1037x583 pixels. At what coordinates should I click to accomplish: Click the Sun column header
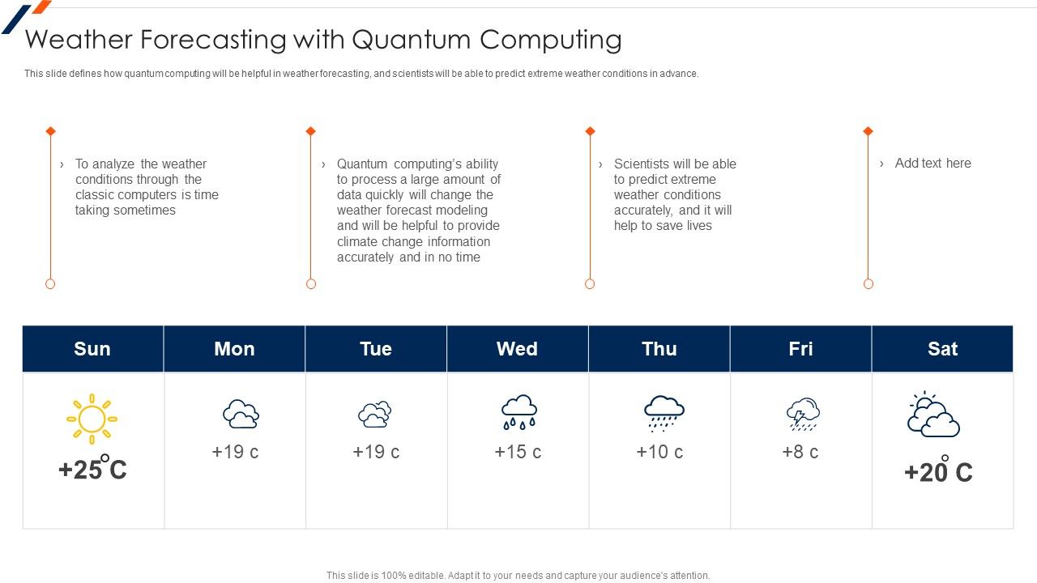(x=92, y=349)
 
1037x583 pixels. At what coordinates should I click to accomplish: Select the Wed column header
(x=517, y=349)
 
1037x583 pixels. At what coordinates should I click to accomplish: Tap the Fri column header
(x=800, y=349)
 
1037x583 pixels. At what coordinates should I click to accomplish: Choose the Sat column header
(x=942, y=349)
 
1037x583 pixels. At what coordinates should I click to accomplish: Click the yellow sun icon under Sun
(x=92, y=419)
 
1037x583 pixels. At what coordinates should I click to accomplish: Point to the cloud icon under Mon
(x=241, y=414)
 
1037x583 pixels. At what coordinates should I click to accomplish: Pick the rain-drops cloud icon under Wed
(x=518, y=412)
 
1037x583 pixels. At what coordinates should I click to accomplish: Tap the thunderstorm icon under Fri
(x=802, y=414)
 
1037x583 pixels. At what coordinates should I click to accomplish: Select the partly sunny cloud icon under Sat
(x=932, y=415)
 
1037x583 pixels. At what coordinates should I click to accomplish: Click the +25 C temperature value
(x=92, y=470)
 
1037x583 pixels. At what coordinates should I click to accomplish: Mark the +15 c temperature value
(x=518, y=452)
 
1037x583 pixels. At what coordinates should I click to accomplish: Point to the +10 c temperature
(x=659, y=452)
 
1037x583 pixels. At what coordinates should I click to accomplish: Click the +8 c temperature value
(x=800, y=452)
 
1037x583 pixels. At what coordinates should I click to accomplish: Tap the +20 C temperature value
(x=938, y=472)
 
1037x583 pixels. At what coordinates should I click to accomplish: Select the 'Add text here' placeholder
(x=932, y=163)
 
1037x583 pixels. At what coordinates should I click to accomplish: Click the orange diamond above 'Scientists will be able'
(x=590, y=131)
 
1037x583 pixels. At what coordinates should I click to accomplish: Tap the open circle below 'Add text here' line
(x=868, y=283)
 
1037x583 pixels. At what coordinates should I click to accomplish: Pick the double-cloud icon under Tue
(x=375, y=414)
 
